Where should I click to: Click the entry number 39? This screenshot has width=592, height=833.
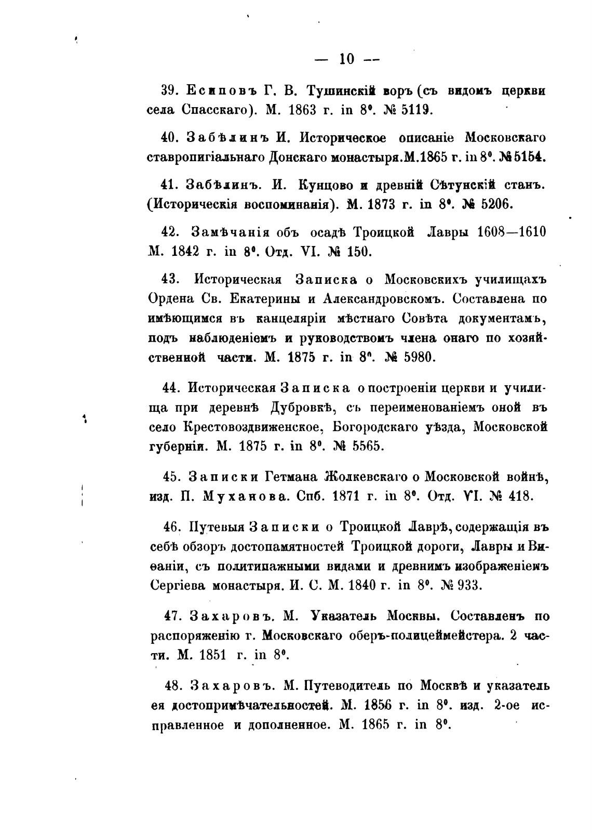click(170, 90)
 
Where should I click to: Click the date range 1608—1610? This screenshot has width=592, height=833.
click(511, 231)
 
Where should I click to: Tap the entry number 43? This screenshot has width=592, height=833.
click(170, 279)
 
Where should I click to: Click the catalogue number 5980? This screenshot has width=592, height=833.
click(418, 358)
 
